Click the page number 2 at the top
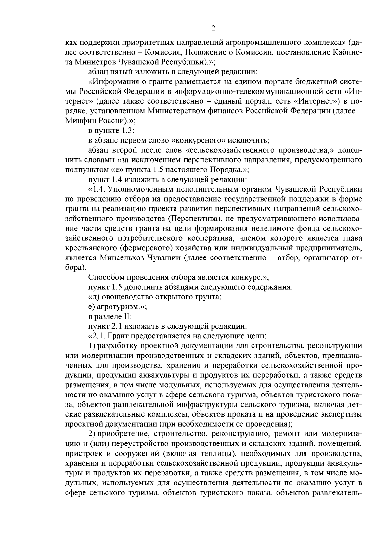pyautogui.click(x=214, y=28)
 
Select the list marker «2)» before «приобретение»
pyautogui.click(x=92, y=434)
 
